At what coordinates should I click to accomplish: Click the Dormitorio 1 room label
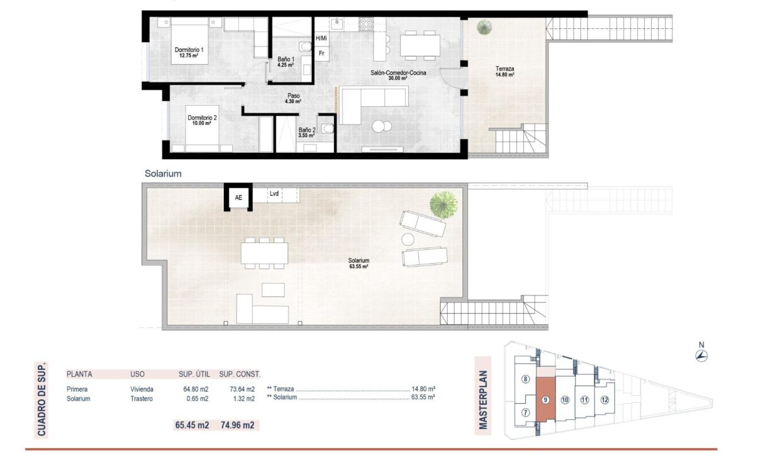(x=189, y=52)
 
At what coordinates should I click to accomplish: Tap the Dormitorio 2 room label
(x=202, y=120)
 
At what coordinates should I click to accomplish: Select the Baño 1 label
(x=286, y=62)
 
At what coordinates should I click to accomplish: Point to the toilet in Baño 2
(x=327, y=128)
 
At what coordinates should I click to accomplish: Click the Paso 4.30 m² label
(x=293, y=99)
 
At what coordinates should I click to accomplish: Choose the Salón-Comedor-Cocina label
(x=398, y=75)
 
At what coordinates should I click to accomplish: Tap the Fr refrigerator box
(x=322, y=53)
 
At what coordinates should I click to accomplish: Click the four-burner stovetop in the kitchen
(x=366, y=24)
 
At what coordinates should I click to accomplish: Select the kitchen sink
(x=337, y=24)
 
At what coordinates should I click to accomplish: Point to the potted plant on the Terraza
(x=484, y=27)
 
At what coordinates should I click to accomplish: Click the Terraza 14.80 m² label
(x=504, y=72)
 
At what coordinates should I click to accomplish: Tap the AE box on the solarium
(x=238, y=198)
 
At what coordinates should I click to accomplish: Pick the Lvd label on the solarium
(x=274, y=194)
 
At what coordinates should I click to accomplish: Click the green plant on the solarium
(x=443, y=205)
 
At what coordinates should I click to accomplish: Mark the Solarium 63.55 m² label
(x=359, y=264)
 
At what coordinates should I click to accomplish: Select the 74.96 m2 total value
(x=238, y=425)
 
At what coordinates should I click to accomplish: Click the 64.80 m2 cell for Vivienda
(x=196, y=389)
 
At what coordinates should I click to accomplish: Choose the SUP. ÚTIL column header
(x=194, y=374)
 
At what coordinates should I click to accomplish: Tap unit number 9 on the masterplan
(x=545, y=400)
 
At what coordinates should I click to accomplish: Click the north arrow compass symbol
(x=701, y=356)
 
